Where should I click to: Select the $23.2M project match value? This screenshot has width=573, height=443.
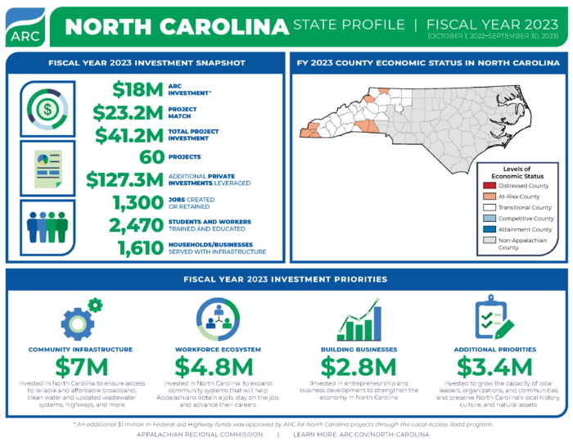(x=128, y=112)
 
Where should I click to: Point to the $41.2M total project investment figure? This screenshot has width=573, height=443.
(x=128, y=134)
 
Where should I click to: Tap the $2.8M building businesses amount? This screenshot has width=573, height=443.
(x=358, y=367)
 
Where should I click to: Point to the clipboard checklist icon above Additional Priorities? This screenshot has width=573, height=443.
(x=494, y=319)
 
